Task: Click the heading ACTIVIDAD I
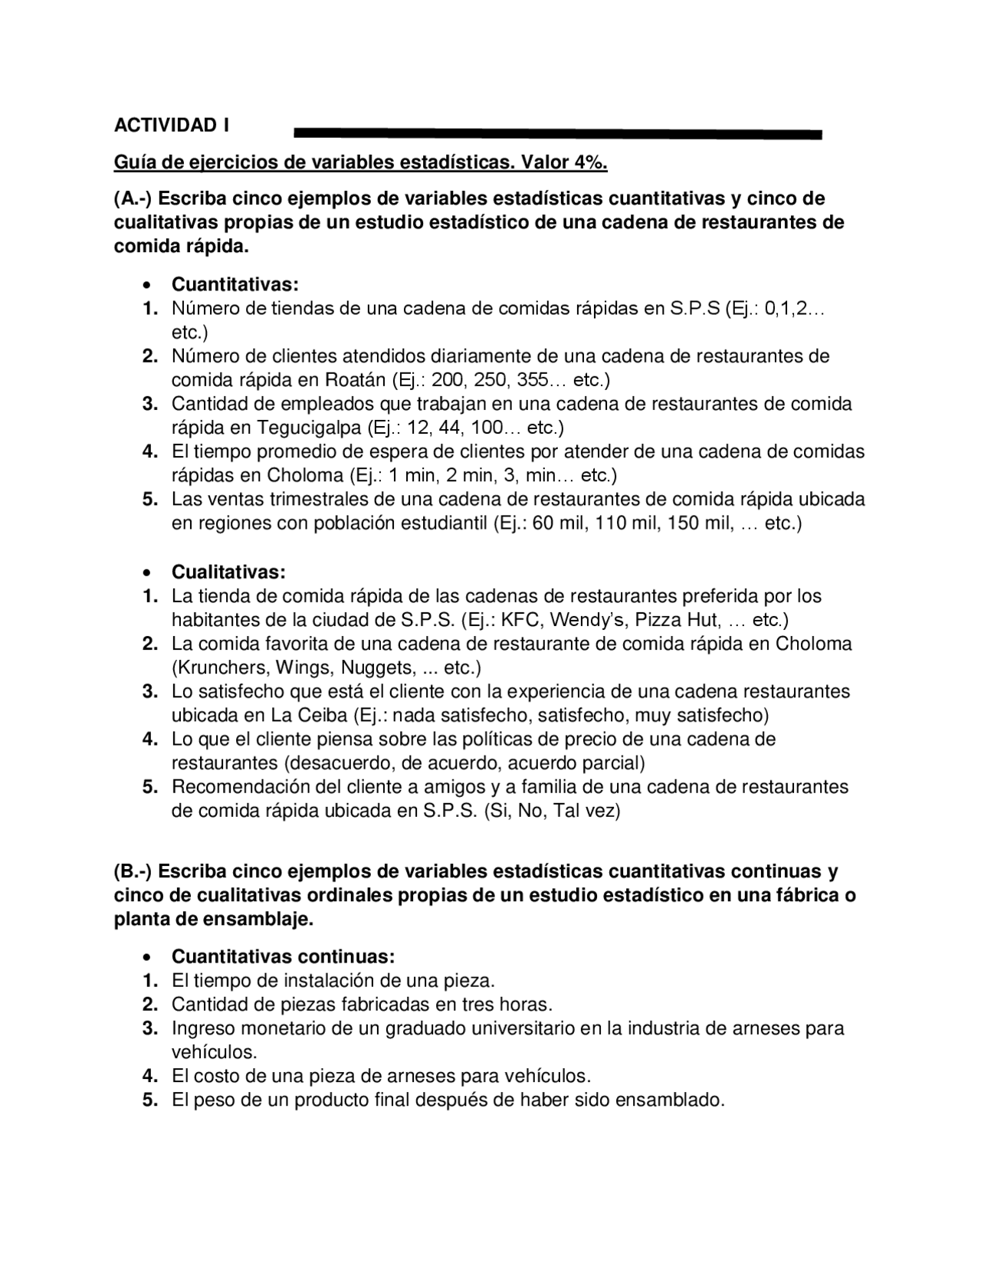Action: [x=172, y=125]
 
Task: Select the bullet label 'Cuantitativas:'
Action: [x=235, y=285]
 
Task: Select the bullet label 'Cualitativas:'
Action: [x=228, y=572]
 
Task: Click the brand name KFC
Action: [x=521, y=620]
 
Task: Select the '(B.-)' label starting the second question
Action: [x=134, y=872]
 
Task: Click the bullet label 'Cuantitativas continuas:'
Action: [x=283, y=957]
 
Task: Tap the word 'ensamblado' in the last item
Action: [x=670, y=1100]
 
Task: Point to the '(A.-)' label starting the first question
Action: [x=134, y=199]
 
